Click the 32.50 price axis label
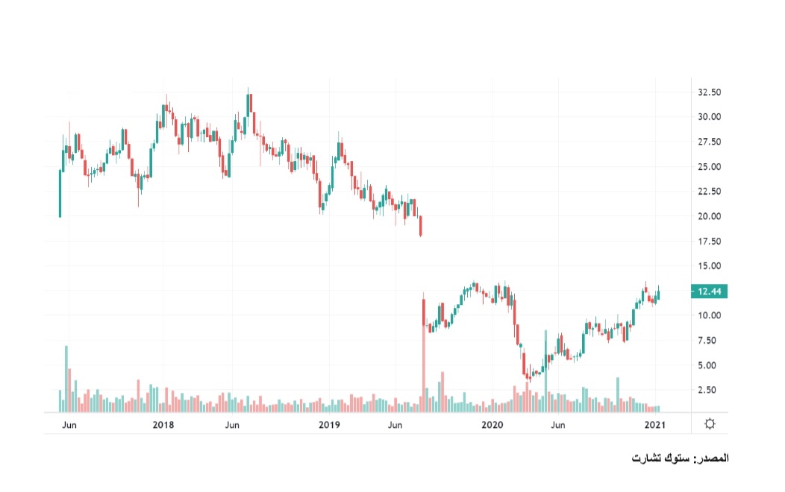(709, 92)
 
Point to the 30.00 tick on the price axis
(709, 117)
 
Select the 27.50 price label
(709, 142)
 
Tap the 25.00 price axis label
(709, 167)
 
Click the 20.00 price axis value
(709, 216)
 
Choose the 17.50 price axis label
(709, 242)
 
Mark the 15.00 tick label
(709, 266)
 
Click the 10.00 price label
(709, 315)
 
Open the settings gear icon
(710, 424)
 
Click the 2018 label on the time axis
(163, 425)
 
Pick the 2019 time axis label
(329, 425)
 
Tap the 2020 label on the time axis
(492, 425)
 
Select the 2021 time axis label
(655, 425)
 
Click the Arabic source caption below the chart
(679, 458)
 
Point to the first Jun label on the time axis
(69, 425)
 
